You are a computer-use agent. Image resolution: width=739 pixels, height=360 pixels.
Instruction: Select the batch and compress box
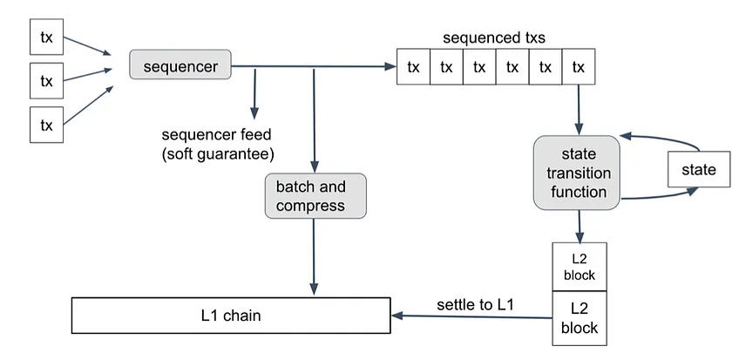tap(315, 195)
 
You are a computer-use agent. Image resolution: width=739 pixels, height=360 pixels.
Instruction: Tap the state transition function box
tap(576, 173)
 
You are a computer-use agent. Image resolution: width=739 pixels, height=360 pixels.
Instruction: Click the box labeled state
tap(699, 170)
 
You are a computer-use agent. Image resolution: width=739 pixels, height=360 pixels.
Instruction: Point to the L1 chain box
tap(231, 316)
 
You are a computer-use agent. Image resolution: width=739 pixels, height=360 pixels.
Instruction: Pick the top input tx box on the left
tap(47, 37)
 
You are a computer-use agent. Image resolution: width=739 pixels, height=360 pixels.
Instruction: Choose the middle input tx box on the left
tap(47, 81)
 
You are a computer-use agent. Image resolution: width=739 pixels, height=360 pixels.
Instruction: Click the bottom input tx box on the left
tap(47, 125)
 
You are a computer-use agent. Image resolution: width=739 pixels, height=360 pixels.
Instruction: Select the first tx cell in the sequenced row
tap(413, 67)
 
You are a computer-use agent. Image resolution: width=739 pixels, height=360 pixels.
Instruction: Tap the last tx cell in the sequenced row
tap(579, 67)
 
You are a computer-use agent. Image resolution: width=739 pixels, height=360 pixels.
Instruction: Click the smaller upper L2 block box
tap(580, 268)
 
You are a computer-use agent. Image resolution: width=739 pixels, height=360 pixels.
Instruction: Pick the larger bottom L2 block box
tap(580, 318)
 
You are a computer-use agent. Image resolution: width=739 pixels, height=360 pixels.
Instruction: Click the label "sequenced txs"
tap(494, 37)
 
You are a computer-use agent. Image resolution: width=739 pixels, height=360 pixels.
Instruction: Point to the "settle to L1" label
tap(475, 304)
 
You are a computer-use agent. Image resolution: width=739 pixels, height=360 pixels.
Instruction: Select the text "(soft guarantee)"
tap(218, 154)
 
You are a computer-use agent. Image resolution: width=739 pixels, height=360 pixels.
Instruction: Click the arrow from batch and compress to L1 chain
tap(314, 257)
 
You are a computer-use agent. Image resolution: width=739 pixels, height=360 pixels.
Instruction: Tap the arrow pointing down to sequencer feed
tap(254, 94)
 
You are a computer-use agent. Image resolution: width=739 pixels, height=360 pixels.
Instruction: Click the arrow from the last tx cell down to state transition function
tap(579, 109)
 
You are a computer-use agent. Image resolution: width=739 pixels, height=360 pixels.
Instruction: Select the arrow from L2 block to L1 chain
tap(471, 316)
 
